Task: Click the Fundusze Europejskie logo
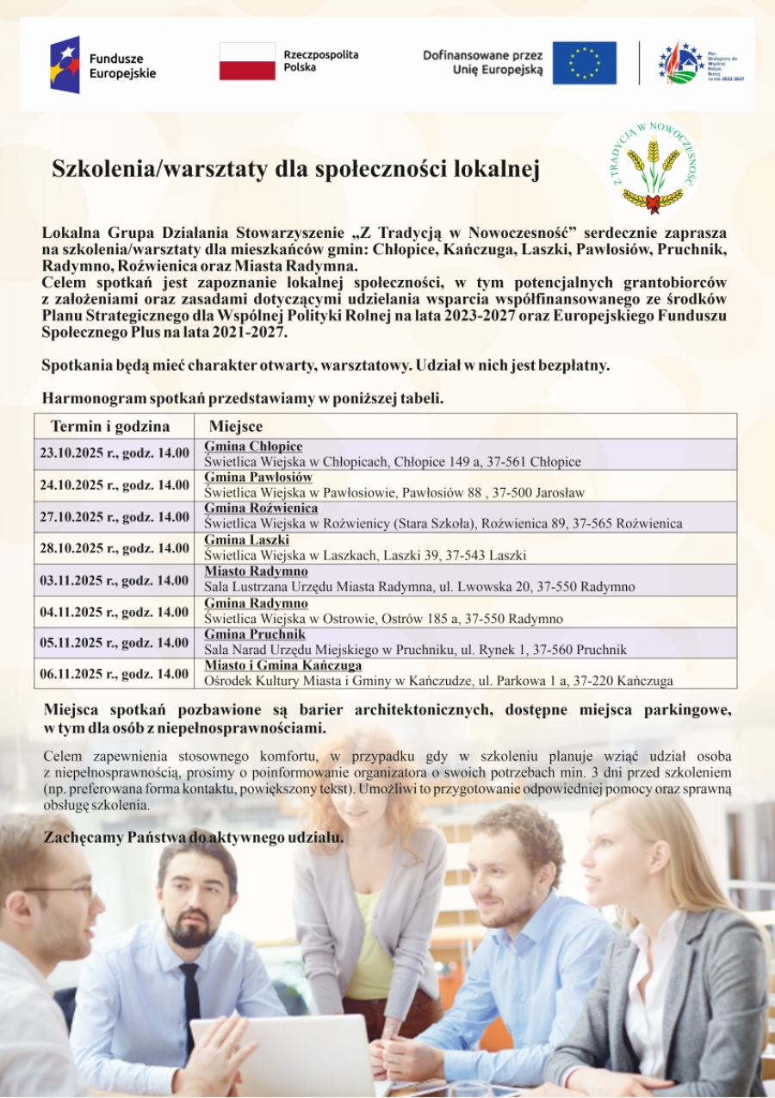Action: click(102, 66)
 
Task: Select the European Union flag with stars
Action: click(584, 63)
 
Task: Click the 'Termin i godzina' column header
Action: click(110, 427)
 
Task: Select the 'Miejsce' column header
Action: click(236, 427)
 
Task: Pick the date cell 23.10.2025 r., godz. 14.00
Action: click(115, 453)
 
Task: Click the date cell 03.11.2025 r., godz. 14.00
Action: click(115, 580)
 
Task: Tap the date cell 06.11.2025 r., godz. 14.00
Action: click(115, 674)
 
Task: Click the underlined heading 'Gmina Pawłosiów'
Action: click(258, 477)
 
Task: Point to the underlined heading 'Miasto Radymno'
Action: click(256, 571)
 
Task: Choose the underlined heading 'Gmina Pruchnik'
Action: click(255, 634)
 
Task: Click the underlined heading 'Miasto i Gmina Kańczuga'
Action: click(283, 665)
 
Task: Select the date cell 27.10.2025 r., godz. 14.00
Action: click(115, 517)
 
